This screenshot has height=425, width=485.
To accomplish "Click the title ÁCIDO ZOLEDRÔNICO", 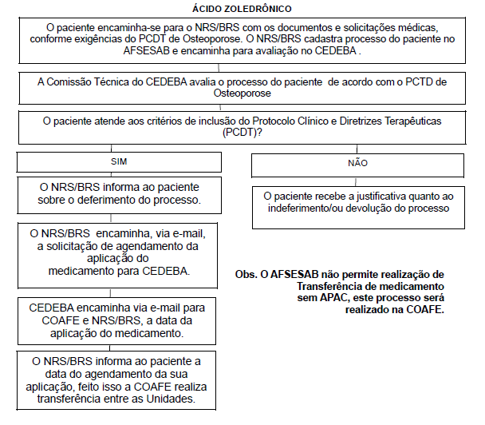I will tap(242, 9).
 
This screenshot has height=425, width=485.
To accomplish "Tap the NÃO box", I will tap(358, 163).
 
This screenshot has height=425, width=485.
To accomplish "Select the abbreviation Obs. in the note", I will tap(246, 273).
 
